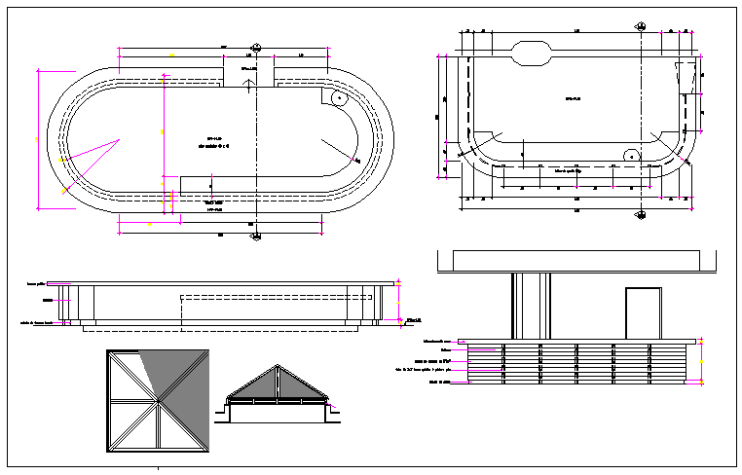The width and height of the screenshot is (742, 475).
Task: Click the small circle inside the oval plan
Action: pos(338,98)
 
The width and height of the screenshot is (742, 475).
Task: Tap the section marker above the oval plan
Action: pos(256,47)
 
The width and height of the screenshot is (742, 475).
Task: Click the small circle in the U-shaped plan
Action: pos(630,156)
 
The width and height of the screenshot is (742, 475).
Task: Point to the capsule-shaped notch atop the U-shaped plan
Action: pos(532,53)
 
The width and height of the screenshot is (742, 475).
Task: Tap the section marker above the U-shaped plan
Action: pos(642,23)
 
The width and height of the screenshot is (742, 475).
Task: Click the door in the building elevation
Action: pos(643,312)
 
